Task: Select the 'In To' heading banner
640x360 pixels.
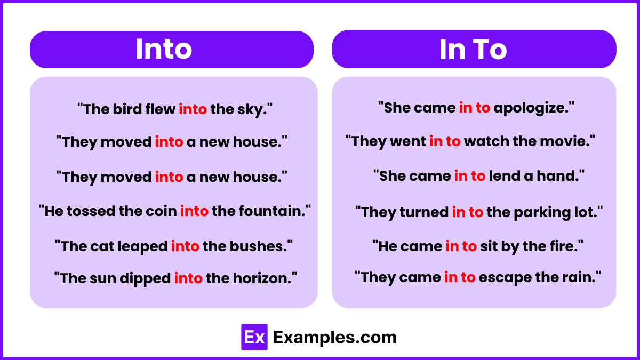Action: (x=474, y=50)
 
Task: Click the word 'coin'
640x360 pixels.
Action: (x=161, y=211)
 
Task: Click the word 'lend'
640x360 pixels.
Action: (x=504, y=176)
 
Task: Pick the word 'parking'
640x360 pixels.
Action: (x=538, y=212)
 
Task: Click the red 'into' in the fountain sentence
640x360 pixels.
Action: (x=194, y=211)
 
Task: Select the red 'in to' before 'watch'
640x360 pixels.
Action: (x=445, y=141)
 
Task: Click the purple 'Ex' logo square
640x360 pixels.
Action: (x=254, y=337)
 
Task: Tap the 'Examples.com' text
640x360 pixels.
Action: (x=335, y=337)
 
